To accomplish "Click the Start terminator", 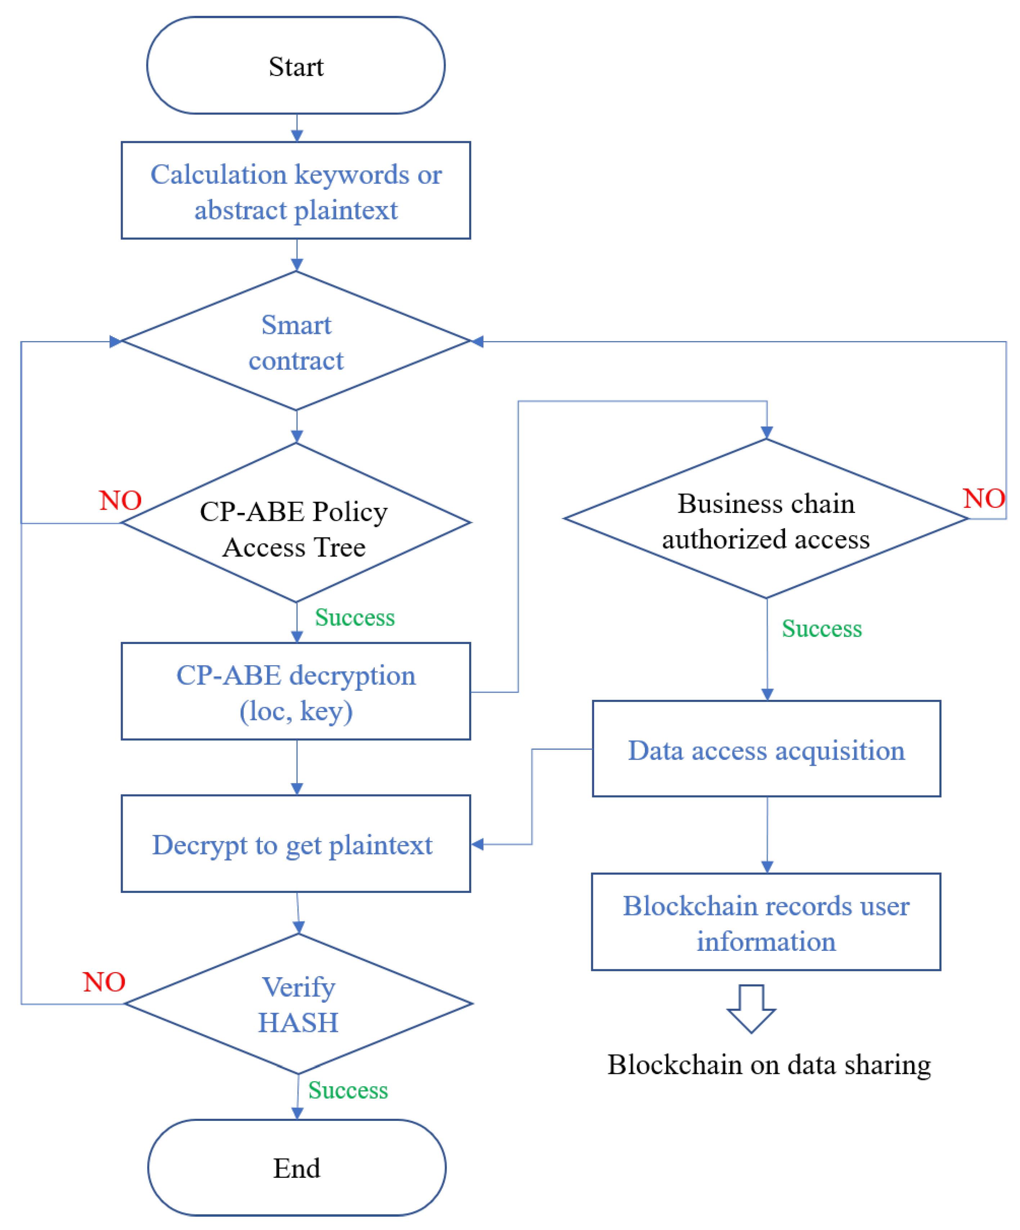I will tap(296, 66).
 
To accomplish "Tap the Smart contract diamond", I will tap(296, 341).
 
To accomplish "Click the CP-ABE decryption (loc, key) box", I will tap(296, 692).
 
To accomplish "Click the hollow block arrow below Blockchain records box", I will tap(751, 1008).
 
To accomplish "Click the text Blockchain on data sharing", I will tap(769, 1064).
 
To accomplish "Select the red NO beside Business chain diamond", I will tap(984, 498).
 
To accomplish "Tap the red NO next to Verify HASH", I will tap(104, 981).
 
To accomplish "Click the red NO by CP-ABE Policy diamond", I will tap(120, 500).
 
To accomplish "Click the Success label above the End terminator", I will tap(348, 1090).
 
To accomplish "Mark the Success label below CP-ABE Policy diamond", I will tap(355, 617).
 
